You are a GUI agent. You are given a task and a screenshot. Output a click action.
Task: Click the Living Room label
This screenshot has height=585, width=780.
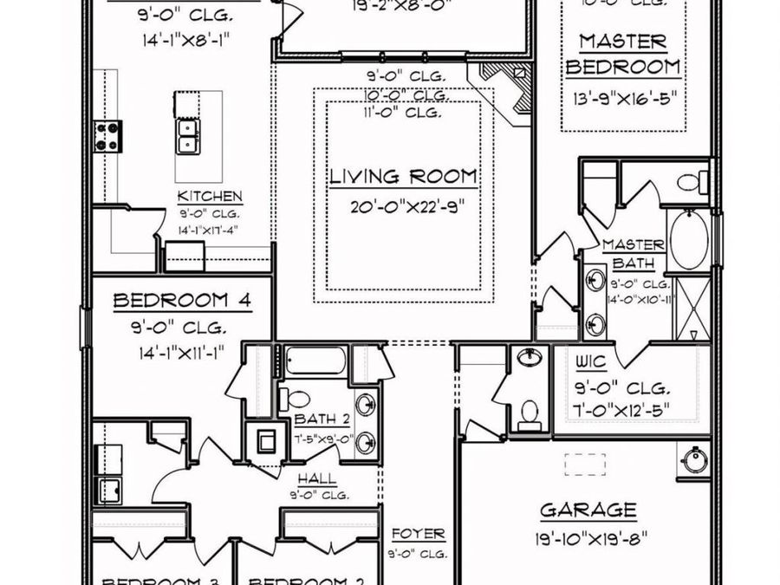pyautogui.click(x=403, y=177)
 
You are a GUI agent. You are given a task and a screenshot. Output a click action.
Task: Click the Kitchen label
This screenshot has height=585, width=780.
pyautogui.click(x=210, y=197)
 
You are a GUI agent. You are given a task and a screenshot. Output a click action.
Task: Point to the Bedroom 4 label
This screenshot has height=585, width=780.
pyautogui.click(x=182, y=301)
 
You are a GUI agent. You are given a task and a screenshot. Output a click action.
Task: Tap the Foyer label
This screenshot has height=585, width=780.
pyautogui.click(x=418, y=534)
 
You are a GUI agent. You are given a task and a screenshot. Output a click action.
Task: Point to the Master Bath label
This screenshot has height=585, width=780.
pyautogui.click(x=634, y=253)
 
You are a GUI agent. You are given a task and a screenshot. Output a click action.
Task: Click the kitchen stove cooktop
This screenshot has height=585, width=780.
pyautogui.click(x=108, y=136)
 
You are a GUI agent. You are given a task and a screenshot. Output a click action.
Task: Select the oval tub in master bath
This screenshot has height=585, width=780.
pyautogui.click(x=689, y=240)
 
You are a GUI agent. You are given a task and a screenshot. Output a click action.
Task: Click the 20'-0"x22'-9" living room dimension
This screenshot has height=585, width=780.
pyautogui.click(x=403, y=208)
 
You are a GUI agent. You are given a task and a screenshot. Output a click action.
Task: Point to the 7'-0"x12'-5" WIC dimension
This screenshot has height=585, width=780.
pyautogui.click(x=623, y=409)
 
